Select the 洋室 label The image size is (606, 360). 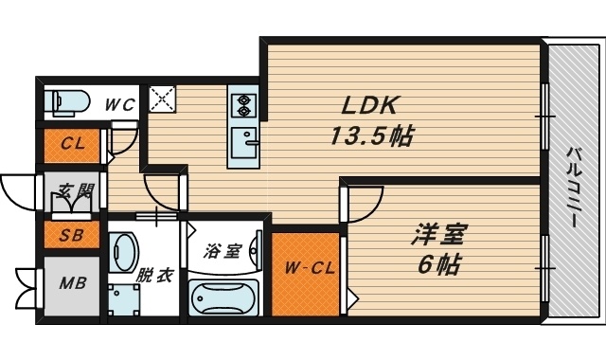(x=440, y=233)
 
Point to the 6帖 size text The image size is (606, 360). (x=439, y=265)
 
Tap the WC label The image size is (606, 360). (x=118, y=102)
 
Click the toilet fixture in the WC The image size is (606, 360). (x=68, y=100)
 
